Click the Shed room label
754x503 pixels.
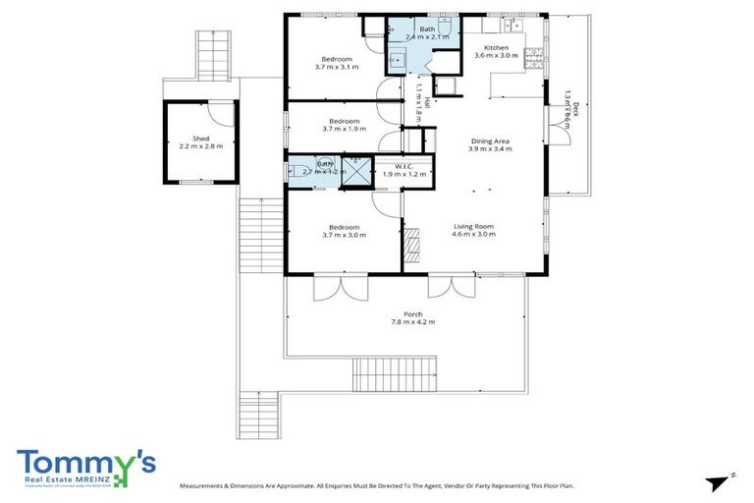pyautogui.click(x=200, y=139)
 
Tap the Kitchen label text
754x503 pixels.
pyautogui.click(x=496, y=47)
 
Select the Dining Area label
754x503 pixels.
pyautogui.click(x=488, y=141)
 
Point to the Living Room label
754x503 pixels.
pyautogui.click(x=472, y=226)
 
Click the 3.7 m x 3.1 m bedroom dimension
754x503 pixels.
pyautogui.click(x=337, y=67)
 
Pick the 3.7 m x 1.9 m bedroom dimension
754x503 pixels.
pyautogui.click(x=337, y=129)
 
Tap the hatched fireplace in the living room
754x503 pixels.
pyautogui.click(x=412, y=240)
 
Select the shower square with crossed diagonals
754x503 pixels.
pyautogui.click(x=359, y=171)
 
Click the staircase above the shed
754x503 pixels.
pyautogui.click(x=211, y=53)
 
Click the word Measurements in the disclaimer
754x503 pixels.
pyautogui.click(x=209, y=486)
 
